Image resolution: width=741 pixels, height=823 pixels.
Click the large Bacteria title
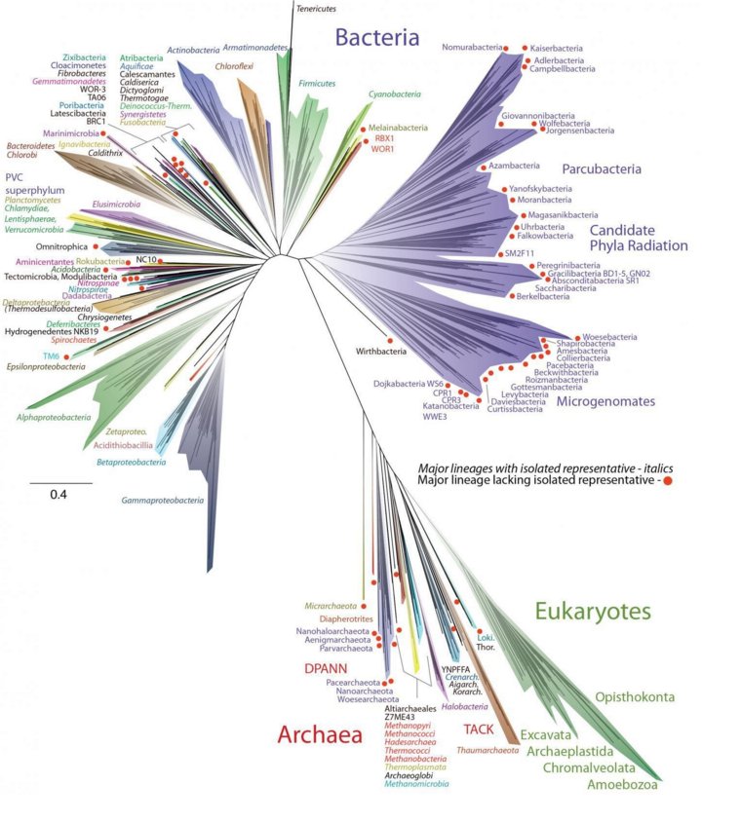(x=377, y=39)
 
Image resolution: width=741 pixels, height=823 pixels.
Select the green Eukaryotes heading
(x=592, y=611)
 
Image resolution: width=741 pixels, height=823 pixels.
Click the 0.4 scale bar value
(x=59, y=496)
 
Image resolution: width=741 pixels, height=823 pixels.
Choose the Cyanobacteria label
(x=395, y=94)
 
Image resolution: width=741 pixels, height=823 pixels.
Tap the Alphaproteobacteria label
(x=73, y=415)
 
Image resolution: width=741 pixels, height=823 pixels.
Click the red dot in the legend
(x=667, y=480)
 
